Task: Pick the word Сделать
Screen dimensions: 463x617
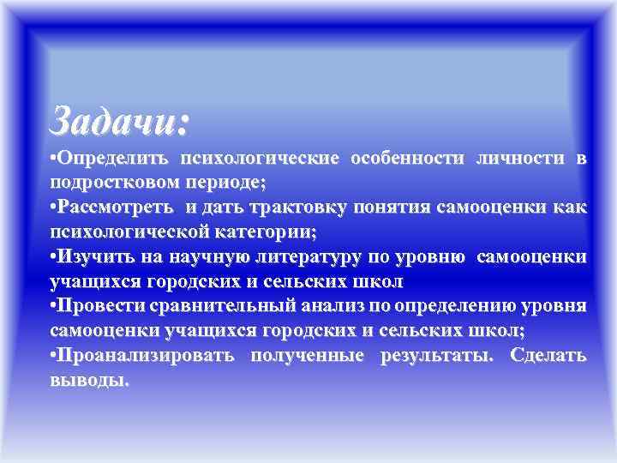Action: pyautogui.click(x=548, y=355)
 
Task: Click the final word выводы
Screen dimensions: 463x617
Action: pyautogui.click(x=90, y=380)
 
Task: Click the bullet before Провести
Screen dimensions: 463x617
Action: pyautogui.click(x=54, y=306)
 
